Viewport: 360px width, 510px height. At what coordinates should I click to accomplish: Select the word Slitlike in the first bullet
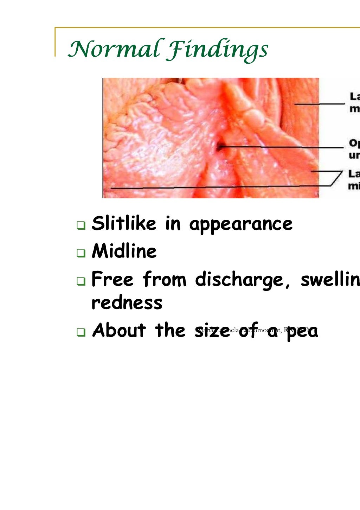click(123, 224)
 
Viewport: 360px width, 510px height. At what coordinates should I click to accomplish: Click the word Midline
click(124, 251)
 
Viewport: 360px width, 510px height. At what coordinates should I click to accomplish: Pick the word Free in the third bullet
click(112, 280)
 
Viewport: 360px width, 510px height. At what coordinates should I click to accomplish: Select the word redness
click(127, 302)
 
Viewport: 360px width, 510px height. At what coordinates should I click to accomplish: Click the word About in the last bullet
click(119, 330)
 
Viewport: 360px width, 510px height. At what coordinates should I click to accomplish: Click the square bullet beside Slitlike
click(81, 225)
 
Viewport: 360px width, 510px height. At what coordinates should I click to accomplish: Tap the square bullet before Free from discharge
click(81, 281)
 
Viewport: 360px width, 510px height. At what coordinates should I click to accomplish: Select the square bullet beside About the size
click(81, 332)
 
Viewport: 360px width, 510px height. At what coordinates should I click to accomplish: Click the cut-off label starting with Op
click(354, 149)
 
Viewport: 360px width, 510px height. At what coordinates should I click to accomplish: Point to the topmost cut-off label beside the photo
click(354, 102)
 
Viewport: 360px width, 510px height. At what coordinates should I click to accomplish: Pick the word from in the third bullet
click(165, 280)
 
